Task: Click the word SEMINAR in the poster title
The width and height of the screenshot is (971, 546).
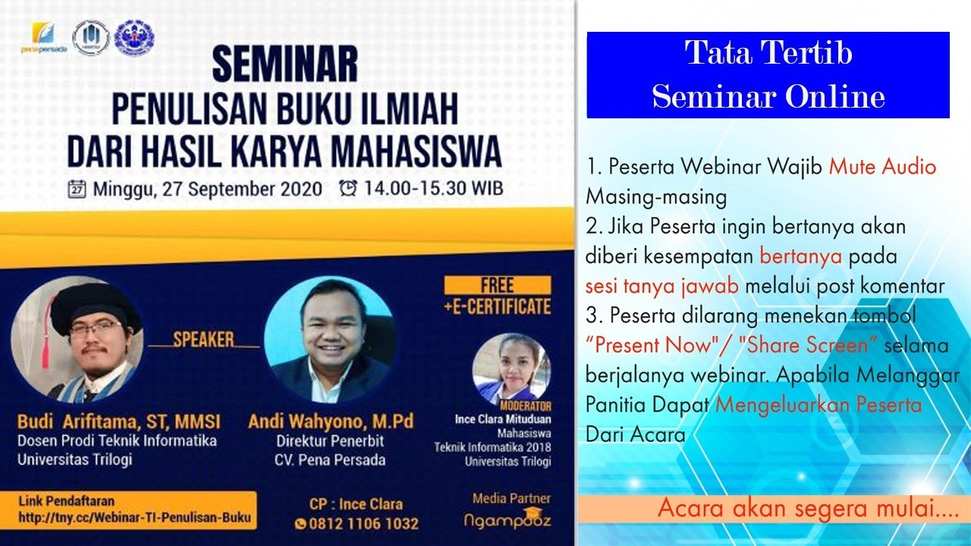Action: click(x=284, y=65)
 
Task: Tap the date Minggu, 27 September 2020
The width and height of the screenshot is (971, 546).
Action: click(x=207, y=188)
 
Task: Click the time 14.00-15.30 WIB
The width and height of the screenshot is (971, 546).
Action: click(x=432, y=188)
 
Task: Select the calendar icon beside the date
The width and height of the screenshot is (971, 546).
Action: click(x=77, y=188)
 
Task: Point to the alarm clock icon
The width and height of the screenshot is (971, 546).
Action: click(x=348, y=188)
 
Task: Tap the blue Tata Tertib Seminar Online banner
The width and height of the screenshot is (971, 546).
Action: click(x=768, y=75)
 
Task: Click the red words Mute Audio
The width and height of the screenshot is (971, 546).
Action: click(x=882, y=167)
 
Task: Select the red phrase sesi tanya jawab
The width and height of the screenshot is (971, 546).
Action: click(x=661, y=286)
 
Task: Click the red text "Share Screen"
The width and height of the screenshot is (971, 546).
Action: click(x=808, y=345)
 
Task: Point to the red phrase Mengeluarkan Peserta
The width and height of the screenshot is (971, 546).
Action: click(x=819, y=404)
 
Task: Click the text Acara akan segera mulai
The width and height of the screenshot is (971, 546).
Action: click(x=807, y=508)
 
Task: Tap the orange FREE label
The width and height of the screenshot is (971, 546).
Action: click(x=497, y=286)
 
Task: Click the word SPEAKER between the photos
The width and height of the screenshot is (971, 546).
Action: click(x=203, y=340)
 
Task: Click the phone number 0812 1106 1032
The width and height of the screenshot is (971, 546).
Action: click(x=363, y=523)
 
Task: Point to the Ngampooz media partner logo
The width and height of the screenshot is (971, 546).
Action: click(x=507, y=521)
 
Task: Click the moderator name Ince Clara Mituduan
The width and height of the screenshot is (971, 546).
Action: click(x=502, y=419)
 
